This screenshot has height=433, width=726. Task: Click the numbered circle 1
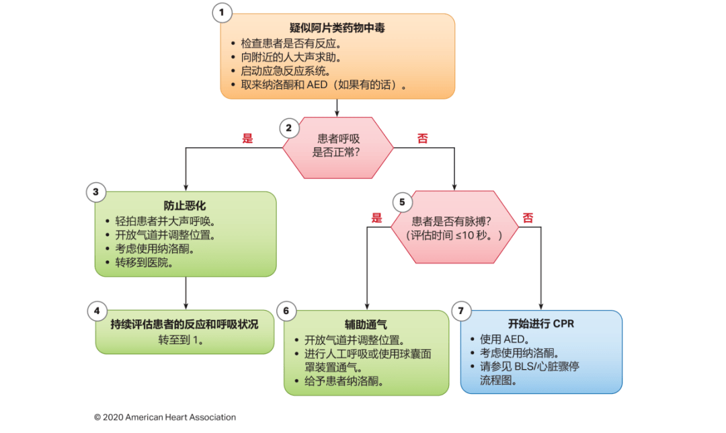point(221,11)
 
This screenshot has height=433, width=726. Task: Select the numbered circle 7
point(460,311)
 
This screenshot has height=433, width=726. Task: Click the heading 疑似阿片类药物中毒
point(337,28)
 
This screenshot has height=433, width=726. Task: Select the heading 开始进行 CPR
point(540,323)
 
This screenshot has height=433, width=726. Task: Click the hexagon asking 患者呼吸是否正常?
point(337,145)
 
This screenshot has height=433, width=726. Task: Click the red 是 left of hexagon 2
point(247,138)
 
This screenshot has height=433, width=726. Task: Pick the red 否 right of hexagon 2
point(422,138)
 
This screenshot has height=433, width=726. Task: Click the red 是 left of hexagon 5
point(376,218)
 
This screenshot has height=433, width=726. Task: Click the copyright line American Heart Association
point(165,417)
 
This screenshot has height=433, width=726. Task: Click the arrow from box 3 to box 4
point(185,292)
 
